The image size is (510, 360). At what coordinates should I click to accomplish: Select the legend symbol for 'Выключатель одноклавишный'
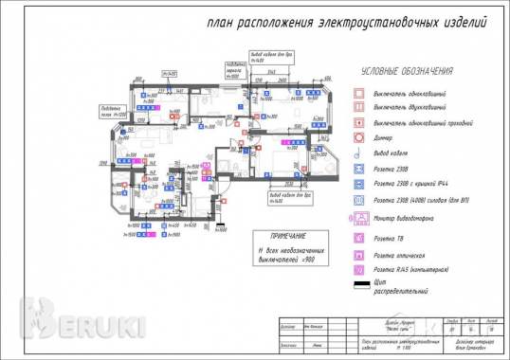coord(359,93)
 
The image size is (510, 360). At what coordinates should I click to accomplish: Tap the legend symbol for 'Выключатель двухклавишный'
coord(359,107)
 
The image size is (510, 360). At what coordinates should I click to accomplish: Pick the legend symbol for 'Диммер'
coord(359,137)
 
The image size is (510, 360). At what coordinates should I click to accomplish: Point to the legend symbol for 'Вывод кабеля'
coord(359,153)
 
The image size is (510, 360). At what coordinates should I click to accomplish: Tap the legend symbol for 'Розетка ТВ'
coord(359,239)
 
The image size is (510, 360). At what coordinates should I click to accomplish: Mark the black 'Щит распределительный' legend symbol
coord(359,285)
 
